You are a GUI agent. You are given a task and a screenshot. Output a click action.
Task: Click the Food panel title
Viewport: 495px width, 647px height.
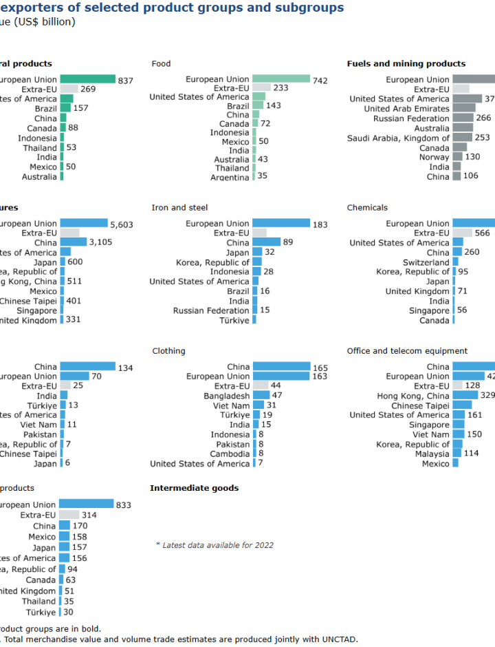click(x=161, y=64)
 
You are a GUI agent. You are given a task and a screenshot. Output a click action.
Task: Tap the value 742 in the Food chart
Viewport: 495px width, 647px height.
click(x=320, y=81)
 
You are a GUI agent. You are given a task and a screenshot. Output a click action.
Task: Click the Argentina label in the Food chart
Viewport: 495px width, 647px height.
click(x=230, y=178)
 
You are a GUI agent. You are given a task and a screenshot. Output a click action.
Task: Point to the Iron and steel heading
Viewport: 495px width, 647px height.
click(x=179, y=207)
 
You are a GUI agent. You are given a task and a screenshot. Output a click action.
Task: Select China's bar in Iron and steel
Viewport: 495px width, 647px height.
click(x=266, y=242)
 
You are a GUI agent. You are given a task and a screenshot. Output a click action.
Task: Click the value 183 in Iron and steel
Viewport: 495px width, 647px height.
click(x=320, y=224)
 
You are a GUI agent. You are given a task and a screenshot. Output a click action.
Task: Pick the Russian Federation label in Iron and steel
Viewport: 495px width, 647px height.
click(x=211, y=310)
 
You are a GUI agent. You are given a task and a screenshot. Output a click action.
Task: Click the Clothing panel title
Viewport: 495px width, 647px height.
click(x=168, y=351)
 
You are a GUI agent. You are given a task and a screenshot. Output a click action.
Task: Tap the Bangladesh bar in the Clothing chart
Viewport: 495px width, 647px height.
click(x=261, y=396)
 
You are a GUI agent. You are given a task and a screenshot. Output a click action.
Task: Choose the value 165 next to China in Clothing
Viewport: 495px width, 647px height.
click(x=320, y=368)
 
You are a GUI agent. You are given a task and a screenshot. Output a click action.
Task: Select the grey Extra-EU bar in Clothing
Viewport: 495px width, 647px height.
click(x=261, y=386)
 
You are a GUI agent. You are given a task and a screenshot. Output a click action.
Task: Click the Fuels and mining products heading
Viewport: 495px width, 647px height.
click(x=406, y=64)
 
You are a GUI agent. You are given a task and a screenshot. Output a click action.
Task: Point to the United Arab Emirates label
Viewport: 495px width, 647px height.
click(x=406, y=109)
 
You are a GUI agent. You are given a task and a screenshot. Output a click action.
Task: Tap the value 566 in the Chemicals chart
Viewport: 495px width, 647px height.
click(x=482, y=233)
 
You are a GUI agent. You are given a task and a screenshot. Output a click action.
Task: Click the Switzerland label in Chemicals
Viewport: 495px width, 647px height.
click(x=426, y=262)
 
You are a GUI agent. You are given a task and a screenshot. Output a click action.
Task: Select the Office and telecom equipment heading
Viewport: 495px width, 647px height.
click(x=407, y=351)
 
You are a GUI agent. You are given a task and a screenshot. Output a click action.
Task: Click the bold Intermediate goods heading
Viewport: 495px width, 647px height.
click(x=194, y=488)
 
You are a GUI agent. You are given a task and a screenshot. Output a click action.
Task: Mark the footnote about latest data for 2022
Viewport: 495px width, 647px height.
click(x=214, y=545)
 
